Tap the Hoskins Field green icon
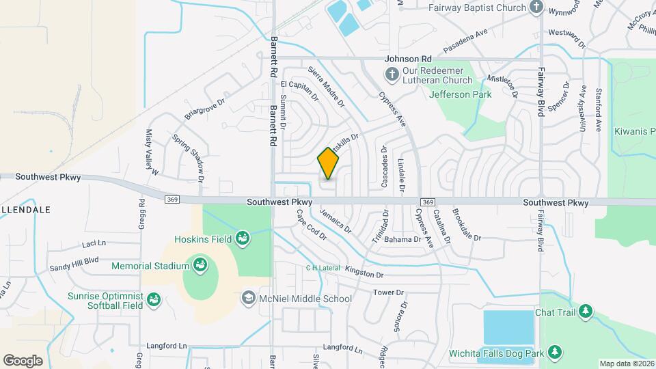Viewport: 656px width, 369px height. [241, 238]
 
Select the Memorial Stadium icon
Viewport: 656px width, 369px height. [200, 265]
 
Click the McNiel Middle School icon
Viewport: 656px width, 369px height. [248, 299]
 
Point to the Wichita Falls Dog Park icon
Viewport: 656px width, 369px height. [556, 353]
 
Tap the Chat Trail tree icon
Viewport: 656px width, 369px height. [585, 312]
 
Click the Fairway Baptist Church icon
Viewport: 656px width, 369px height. [537, 8]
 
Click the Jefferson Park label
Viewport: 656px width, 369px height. [461, 94]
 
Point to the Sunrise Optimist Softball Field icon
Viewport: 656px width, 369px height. [154, 299]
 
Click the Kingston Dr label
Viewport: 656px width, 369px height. [365, 273]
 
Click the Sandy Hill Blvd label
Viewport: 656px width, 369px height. [74, 260]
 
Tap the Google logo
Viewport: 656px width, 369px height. [23, 360]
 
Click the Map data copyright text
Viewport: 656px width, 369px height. [625, 364]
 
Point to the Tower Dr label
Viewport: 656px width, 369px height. [389, 292]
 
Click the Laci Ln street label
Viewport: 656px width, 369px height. [94, 243]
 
